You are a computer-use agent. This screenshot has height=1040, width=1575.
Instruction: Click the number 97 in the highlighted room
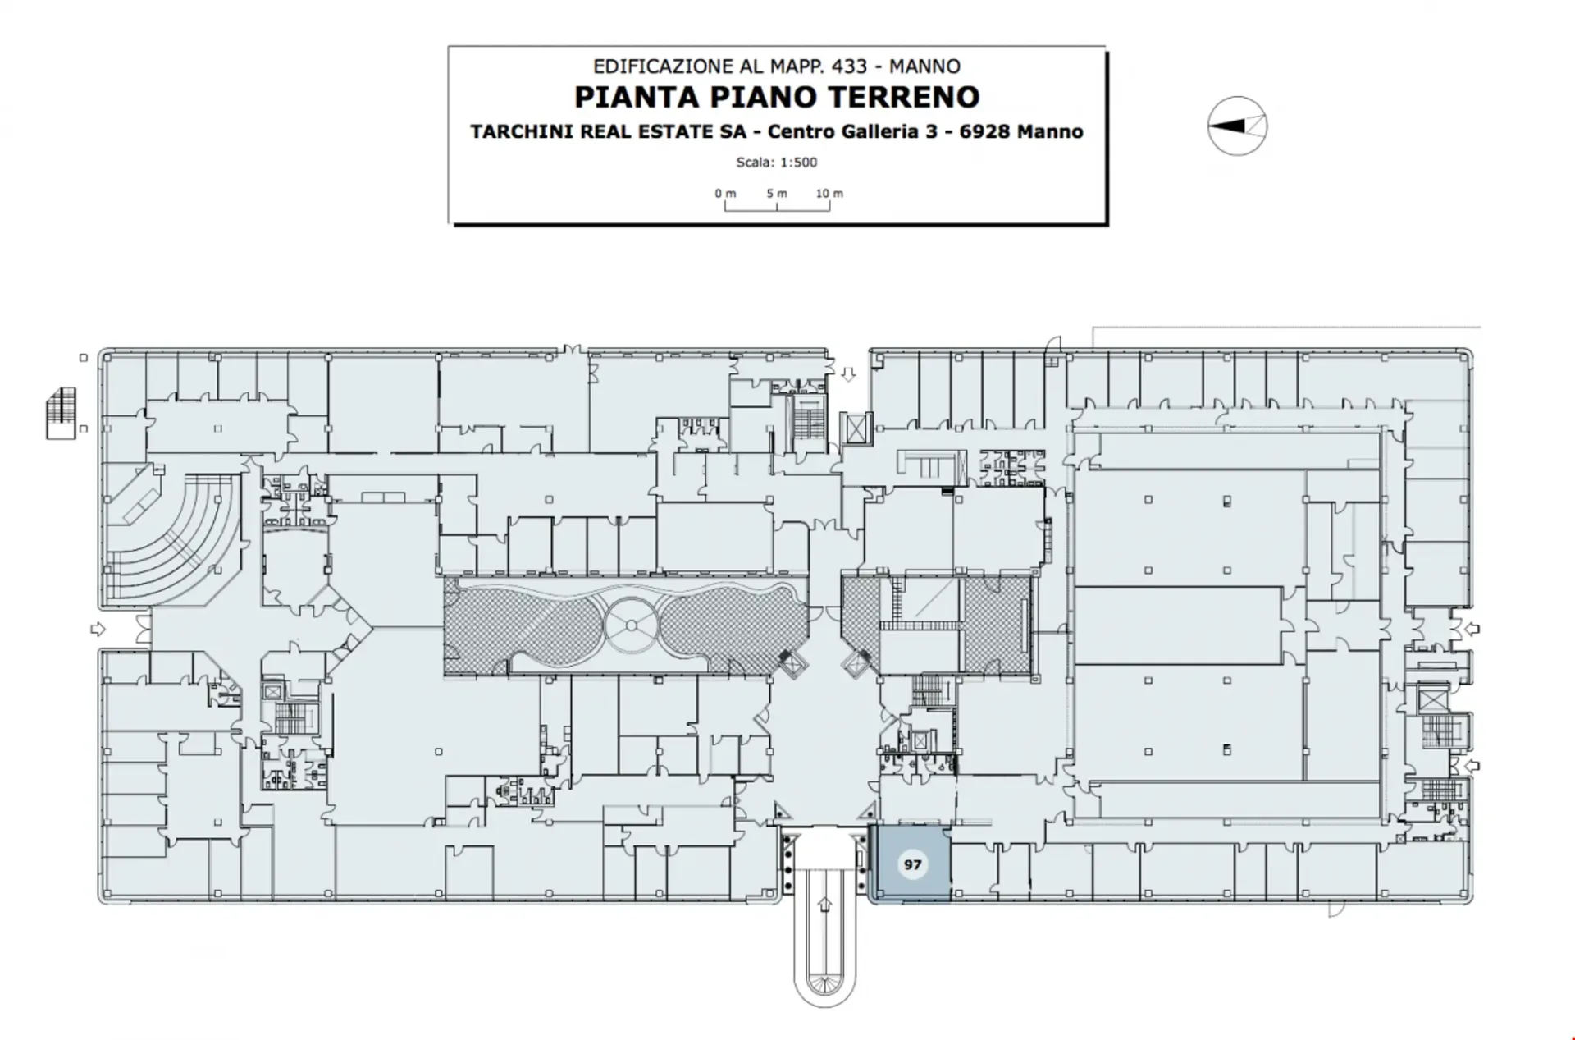[x=912, y=864]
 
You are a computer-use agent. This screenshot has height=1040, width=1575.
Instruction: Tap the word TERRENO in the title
[x=903, y=97]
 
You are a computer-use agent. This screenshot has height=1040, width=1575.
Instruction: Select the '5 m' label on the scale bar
[x=777, y=194]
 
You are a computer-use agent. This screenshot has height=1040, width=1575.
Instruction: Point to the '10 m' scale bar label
[x=829, y=194]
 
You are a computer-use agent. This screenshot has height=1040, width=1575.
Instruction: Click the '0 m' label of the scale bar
[x=725, y=194]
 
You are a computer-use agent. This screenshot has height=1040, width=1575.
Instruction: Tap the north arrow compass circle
[x=1237, y=126]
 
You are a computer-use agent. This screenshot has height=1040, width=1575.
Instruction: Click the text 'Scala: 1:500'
[x=777, y=163]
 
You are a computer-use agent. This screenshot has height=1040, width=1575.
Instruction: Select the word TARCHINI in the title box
[x=523, y=131]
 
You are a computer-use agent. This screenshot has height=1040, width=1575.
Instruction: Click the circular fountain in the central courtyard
[x=631, y=625]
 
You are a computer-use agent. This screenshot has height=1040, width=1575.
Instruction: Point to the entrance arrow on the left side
[x=98, y=630]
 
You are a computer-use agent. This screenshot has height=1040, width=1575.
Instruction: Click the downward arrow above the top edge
[x=848, y=374]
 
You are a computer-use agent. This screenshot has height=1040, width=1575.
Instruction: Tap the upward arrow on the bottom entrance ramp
[x=825, y=905]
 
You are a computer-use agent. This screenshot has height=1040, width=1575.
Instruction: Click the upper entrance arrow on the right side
[x=1472, y=630]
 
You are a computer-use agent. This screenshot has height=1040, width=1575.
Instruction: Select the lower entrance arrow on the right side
[x=1472, y=766]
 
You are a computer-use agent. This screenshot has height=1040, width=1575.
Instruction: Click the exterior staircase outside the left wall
[x=62, y=414]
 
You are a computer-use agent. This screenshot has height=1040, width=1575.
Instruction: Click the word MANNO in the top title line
[x=924, y=66]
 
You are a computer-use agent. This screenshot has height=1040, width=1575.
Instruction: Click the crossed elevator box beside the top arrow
[x=856, y=428]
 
